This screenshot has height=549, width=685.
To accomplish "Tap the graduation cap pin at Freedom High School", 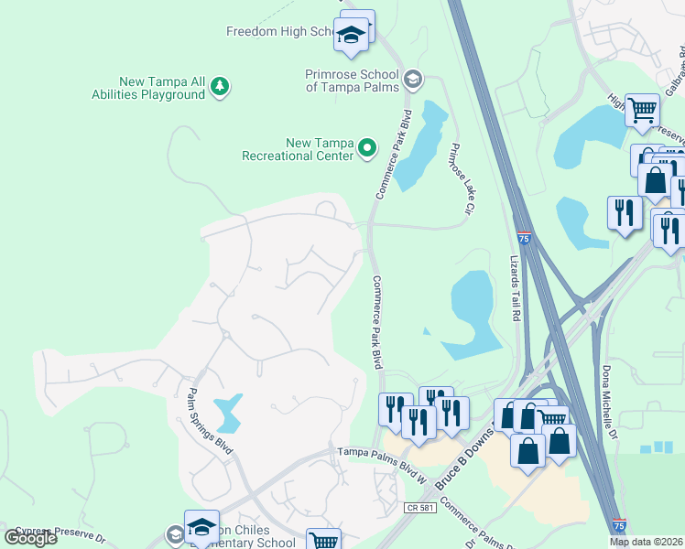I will click(350, 36).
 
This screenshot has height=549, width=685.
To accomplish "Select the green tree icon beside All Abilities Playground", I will click(219, 87).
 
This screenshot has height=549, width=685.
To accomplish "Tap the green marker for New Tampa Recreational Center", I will click(367, 147).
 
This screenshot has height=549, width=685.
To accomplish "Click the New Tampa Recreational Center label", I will click(297, 149).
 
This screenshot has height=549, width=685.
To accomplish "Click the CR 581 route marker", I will click(417, 507).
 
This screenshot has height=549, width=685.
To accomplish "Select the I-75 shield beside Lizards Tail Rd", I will click(523, 238).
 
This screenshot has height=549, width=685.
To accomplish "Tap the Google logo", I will click(30, 538).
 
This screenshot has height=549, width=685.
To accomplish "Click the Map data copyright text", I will click(646, 542).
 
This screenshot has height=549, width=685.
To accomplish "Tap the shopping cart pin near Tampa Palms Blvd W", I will click(323, 542).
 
